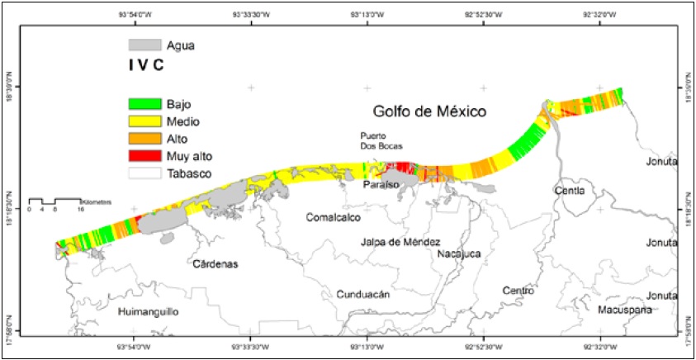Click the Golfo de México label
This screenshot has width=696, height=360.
428,111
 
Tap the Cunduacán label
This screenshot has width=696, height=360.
363,294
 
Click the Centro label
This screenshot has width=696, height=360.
519,291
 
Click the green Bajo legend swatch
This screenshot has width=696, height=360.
143,105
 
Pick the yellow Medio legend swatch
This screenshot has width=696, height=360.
143,122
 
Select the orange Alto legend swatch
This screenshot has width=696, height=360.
143,140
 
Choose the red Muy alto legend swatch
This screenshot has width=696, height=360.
143,157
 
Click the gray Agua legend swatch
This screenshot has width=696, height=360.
143,43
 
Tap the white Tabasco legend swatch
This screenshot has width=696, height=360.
143,174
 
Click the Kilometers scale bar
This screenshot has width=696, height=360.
54,202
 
